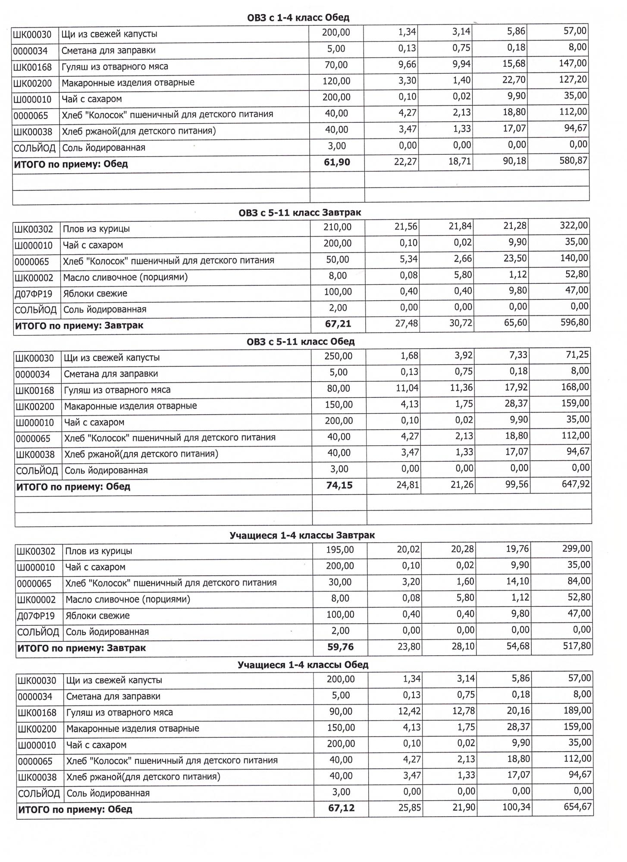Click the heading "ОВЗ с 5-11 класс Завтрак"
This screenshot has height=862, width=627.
click(x=300, y=212)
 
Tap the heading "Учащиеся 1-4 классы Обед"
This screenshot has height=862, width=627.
click(x=303, y=665)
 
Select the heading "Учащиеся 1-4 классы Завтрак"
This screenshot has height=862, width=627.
click(x=302, y=535)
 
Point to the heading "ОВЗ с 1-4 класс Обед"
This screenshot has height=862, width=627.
click(x=298, y=18)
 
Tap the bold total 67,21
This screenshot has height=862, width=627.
click(x=338, y=324)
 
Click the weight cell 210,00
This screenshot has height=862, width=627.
click(x=337, y=227)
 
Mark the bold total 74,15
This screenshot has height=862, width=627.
click(x=339, y=485)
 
